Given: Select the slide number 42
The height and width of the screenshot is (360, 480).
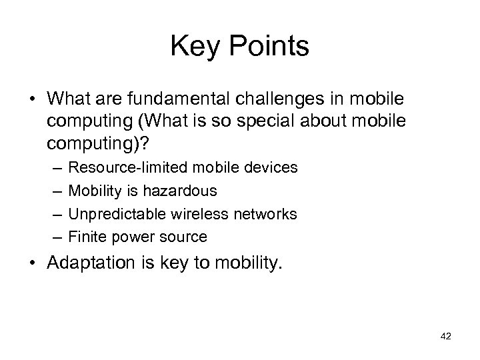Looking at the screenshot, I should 446,337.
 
